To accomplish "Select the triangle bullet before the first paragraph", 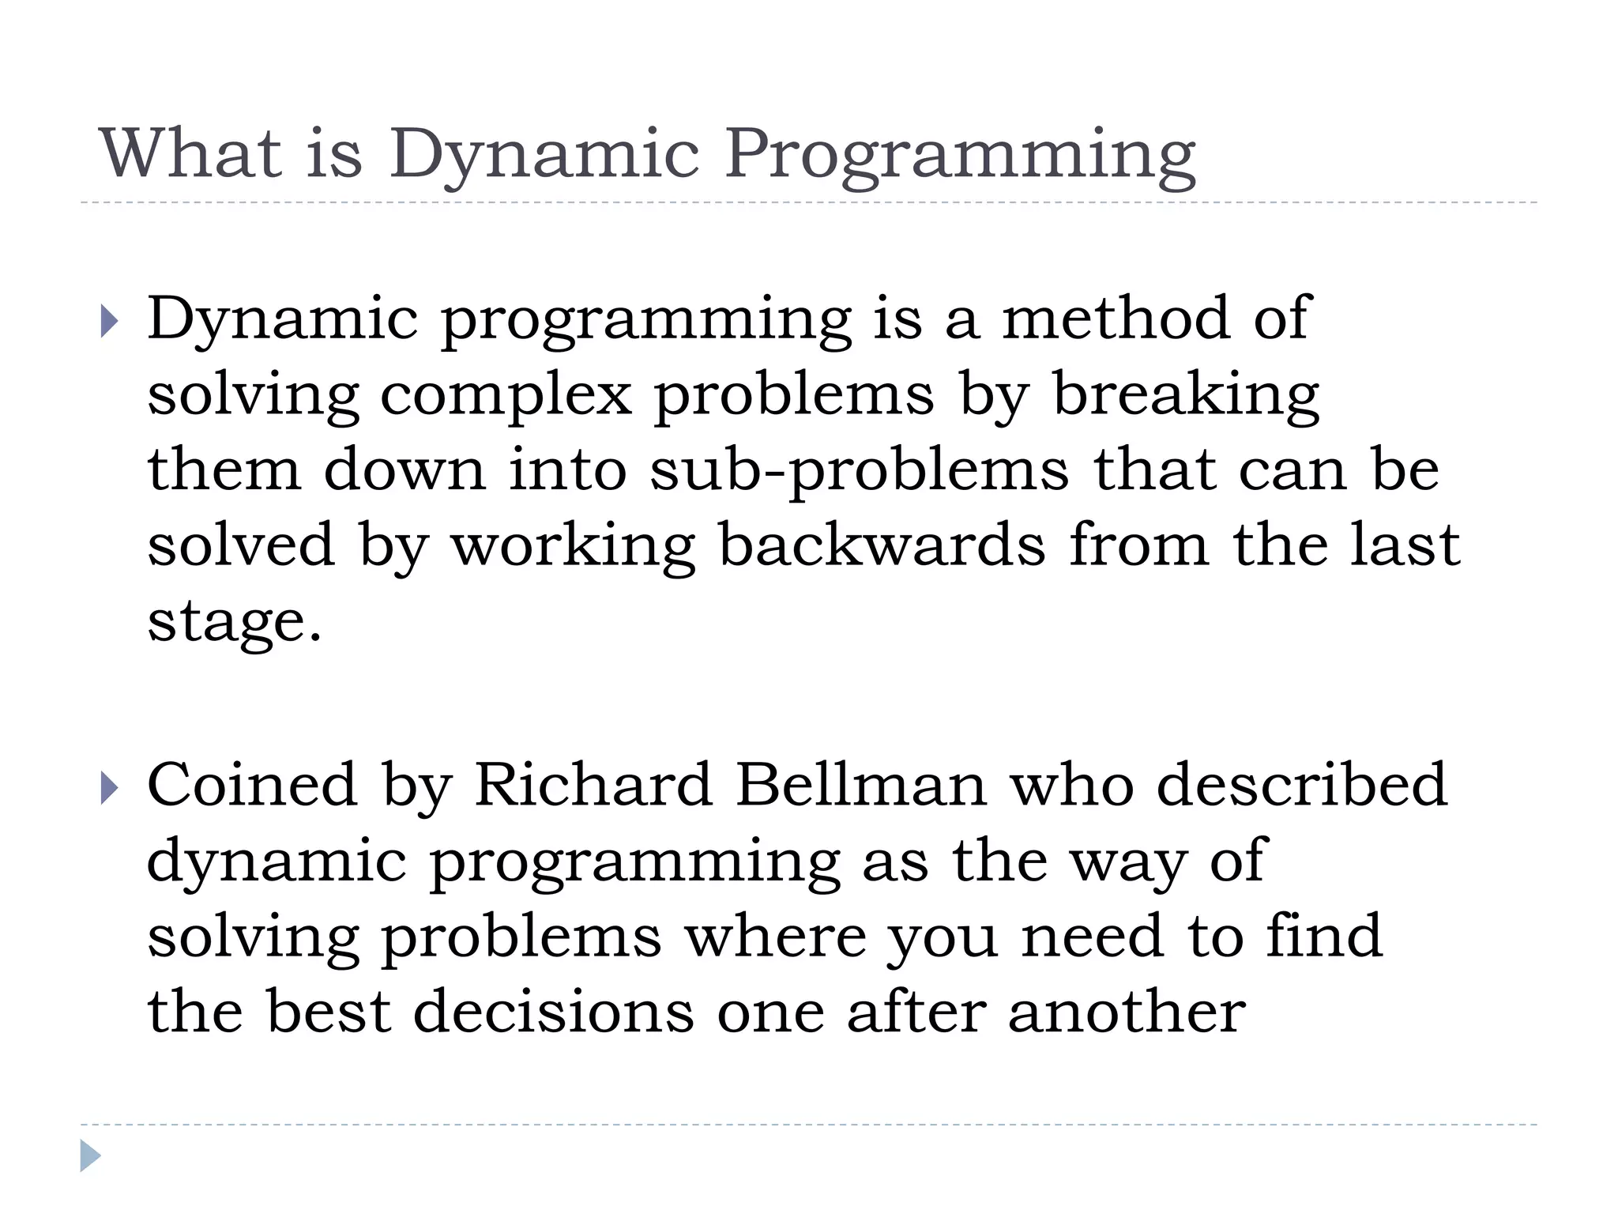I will [110, 321].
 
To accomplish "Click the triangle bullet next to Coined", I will [110, 788].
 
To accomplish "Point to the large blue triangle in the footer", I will [90, 1156].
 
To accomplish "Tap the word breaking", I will [1186, 395].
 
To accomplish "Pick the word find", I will [1324, 936].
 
